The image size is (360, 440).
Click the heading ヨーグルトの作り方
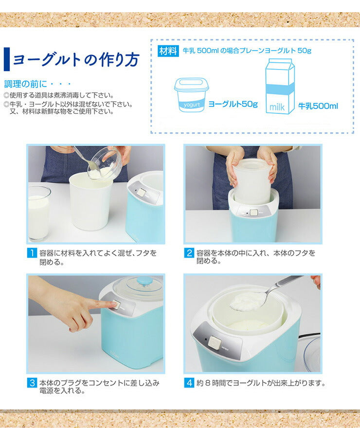click(x=75, y=59)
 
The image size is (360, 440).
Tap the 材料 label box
click(x=168, y=51)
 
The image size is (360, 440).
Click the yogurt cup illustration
click(x=191, y=95)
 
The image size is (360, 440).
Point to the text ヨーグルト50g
click(x=233, y=104)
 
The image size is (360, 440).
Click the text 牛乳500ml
click(x=318, y=106)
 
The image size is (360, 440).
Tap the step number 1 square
click(x=32, y=253)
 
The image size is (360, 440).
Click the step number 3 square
click(x=32, y=383)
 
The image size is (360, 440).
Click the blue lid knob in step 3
click(x=144, y=281)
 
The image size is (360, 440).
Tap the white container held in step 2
click(x=252, y=181)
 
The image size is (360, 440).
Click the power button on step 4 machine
click(x=213, y=342)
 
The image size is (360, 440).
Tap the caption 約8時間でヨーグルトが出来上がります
click(x=260, y=383)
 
